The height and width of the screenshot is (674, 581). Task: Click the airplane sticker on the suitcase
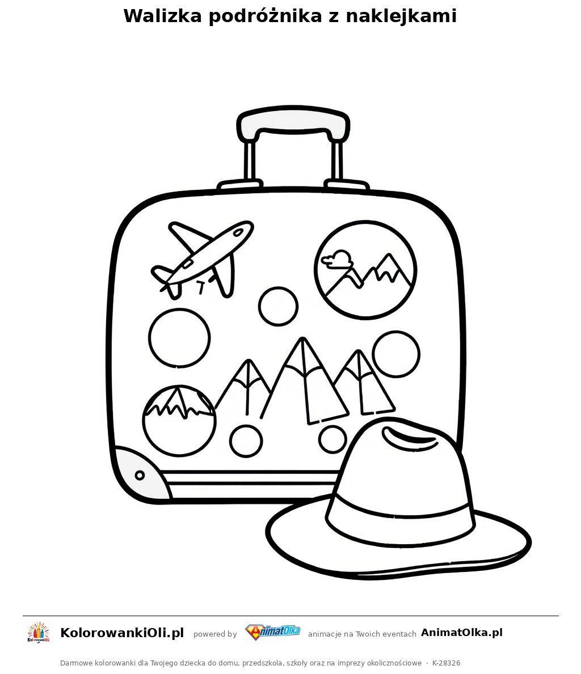tap(203, 258)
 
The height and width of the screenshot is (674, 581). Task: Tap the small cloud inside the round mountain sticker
tap(337, 258)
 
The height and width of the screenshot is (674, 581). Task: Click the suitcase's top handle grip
tap(293, 122)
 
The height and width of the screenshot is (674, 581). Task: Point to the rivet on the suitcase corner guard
tap(140, 475)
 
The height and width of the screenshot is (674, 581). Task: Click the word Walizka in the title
tap(162, 16)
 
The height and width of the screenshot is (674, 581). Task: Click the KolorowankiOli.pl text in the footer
tap(122, 633)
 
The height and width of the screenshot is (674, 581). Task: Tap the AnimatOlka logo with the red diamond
tap(272, 632)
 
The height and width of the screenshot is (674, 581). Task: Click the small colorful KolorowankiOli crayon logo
tap(39, 633)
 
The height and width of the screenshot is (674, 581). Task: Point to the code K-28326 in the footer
tap(447, 663)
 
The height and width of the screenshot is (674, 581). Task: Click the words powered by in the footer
tap(215, 634)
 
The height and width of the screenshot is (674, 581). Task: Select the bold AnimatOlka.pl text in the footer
tap(462, 633)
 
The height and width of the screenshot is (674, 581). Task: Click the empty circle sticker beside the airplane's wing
tap(279, 307)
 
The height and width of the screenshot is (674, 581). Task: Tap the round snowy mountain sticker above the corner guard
tap(179, 420)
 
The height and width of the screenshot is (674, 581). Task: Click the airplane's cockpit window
tap(237, 232)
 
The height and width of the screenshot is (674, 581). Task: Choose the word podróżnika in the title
tap(265, 16)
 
